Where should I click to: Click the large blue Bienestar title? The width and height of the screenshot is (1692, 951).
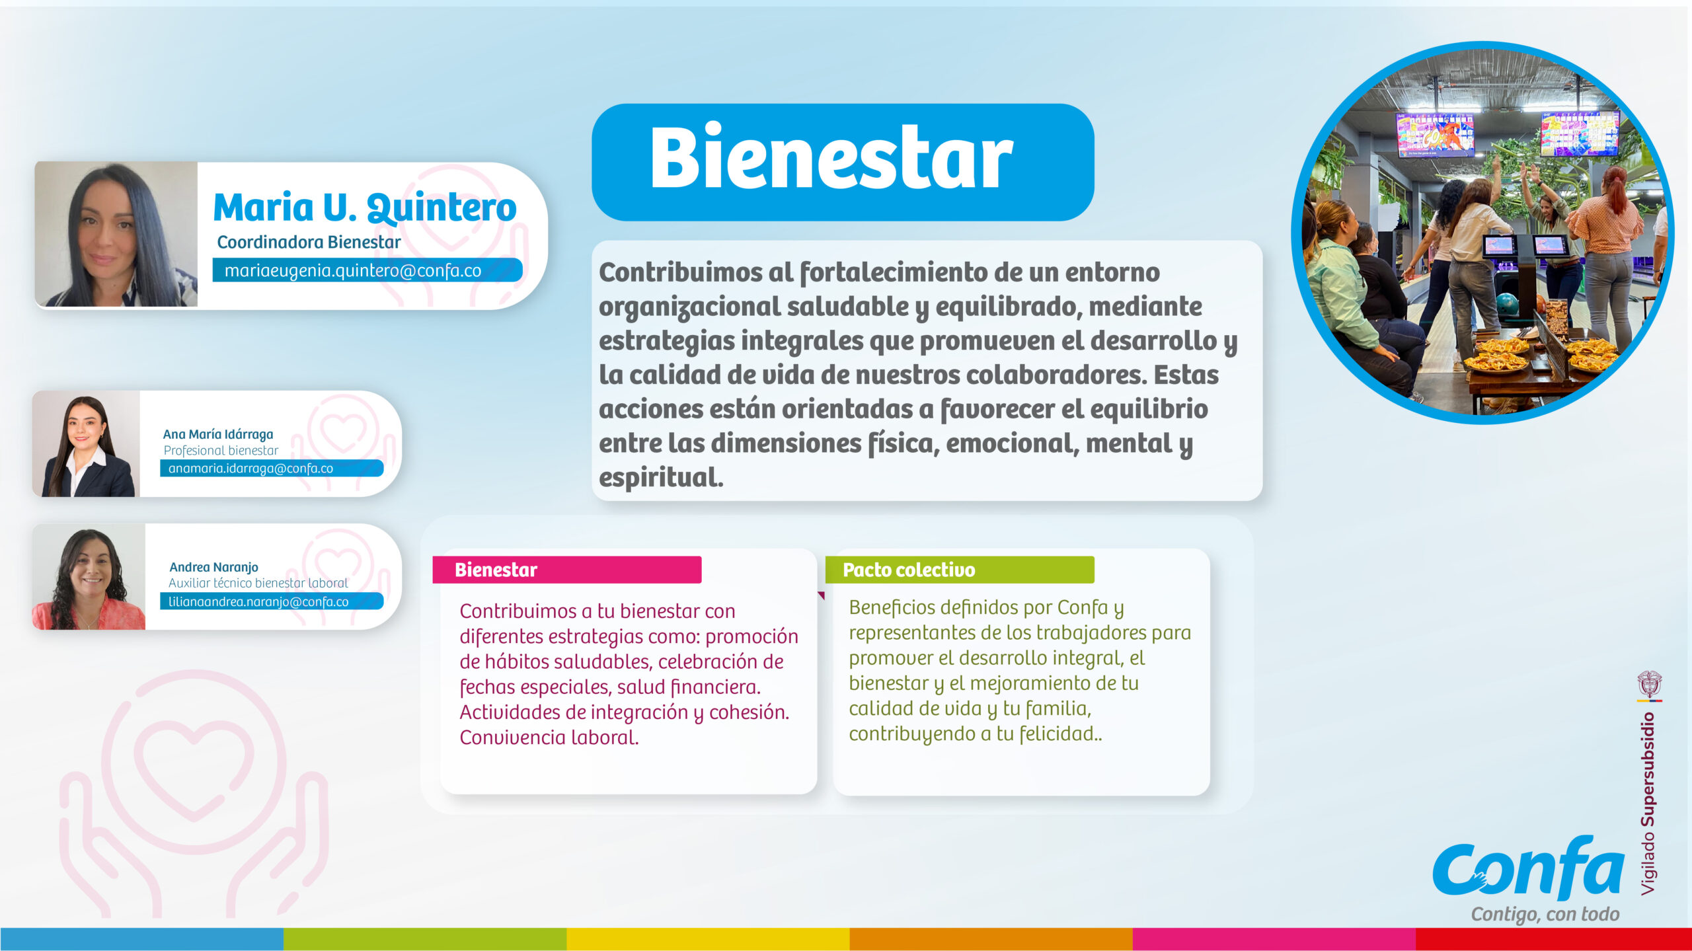(831, 159)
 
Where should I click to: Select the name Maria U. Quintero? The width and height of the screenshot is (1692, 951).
(365, 208)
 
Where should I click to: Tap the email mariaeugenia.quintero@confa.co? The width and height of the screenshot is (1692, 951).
(353, 271)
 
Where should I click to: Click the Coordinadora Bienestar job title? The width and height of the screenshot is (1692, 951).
(309, 243)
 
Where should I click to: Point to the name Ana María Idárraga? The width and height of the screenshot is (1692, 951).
(218, 434)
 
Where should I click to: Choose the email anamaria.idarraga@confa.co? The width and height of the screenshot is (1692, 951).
(250, 469)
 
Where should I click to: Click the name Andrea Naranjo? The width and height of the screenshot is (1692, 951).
(213, 567)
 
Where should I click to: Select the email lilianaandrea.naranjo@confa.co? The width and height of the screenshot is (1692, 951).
(258, 602)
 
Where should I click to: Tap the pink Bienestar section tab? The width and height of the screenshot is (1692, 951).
(567, 570)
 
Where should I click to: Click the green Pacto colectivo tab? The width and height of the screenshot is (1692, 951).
(960, 570)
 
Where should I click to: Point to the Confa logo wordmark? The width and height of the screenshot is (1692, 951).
(1528, 868)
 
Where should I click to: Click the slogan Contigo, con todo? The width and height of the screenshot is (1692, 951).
(1545, 915)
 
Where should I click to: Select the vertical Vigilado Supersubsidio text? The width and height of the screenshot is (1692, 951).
(1648, 804)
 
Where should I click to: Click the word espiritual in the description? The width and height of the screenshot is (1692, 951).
(661, 477)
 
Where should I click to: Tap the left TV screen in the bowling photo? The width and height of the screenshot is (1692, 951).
(1435, 134)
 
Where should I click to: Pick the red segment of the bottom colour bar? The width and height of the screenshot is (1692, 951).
(1554, 938)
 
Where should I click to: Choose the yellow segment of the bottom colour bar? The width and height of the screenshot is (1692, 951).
(708, 938)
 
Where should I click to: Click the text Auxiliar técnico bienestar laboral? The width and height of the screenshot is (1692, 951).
(258, 583)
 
